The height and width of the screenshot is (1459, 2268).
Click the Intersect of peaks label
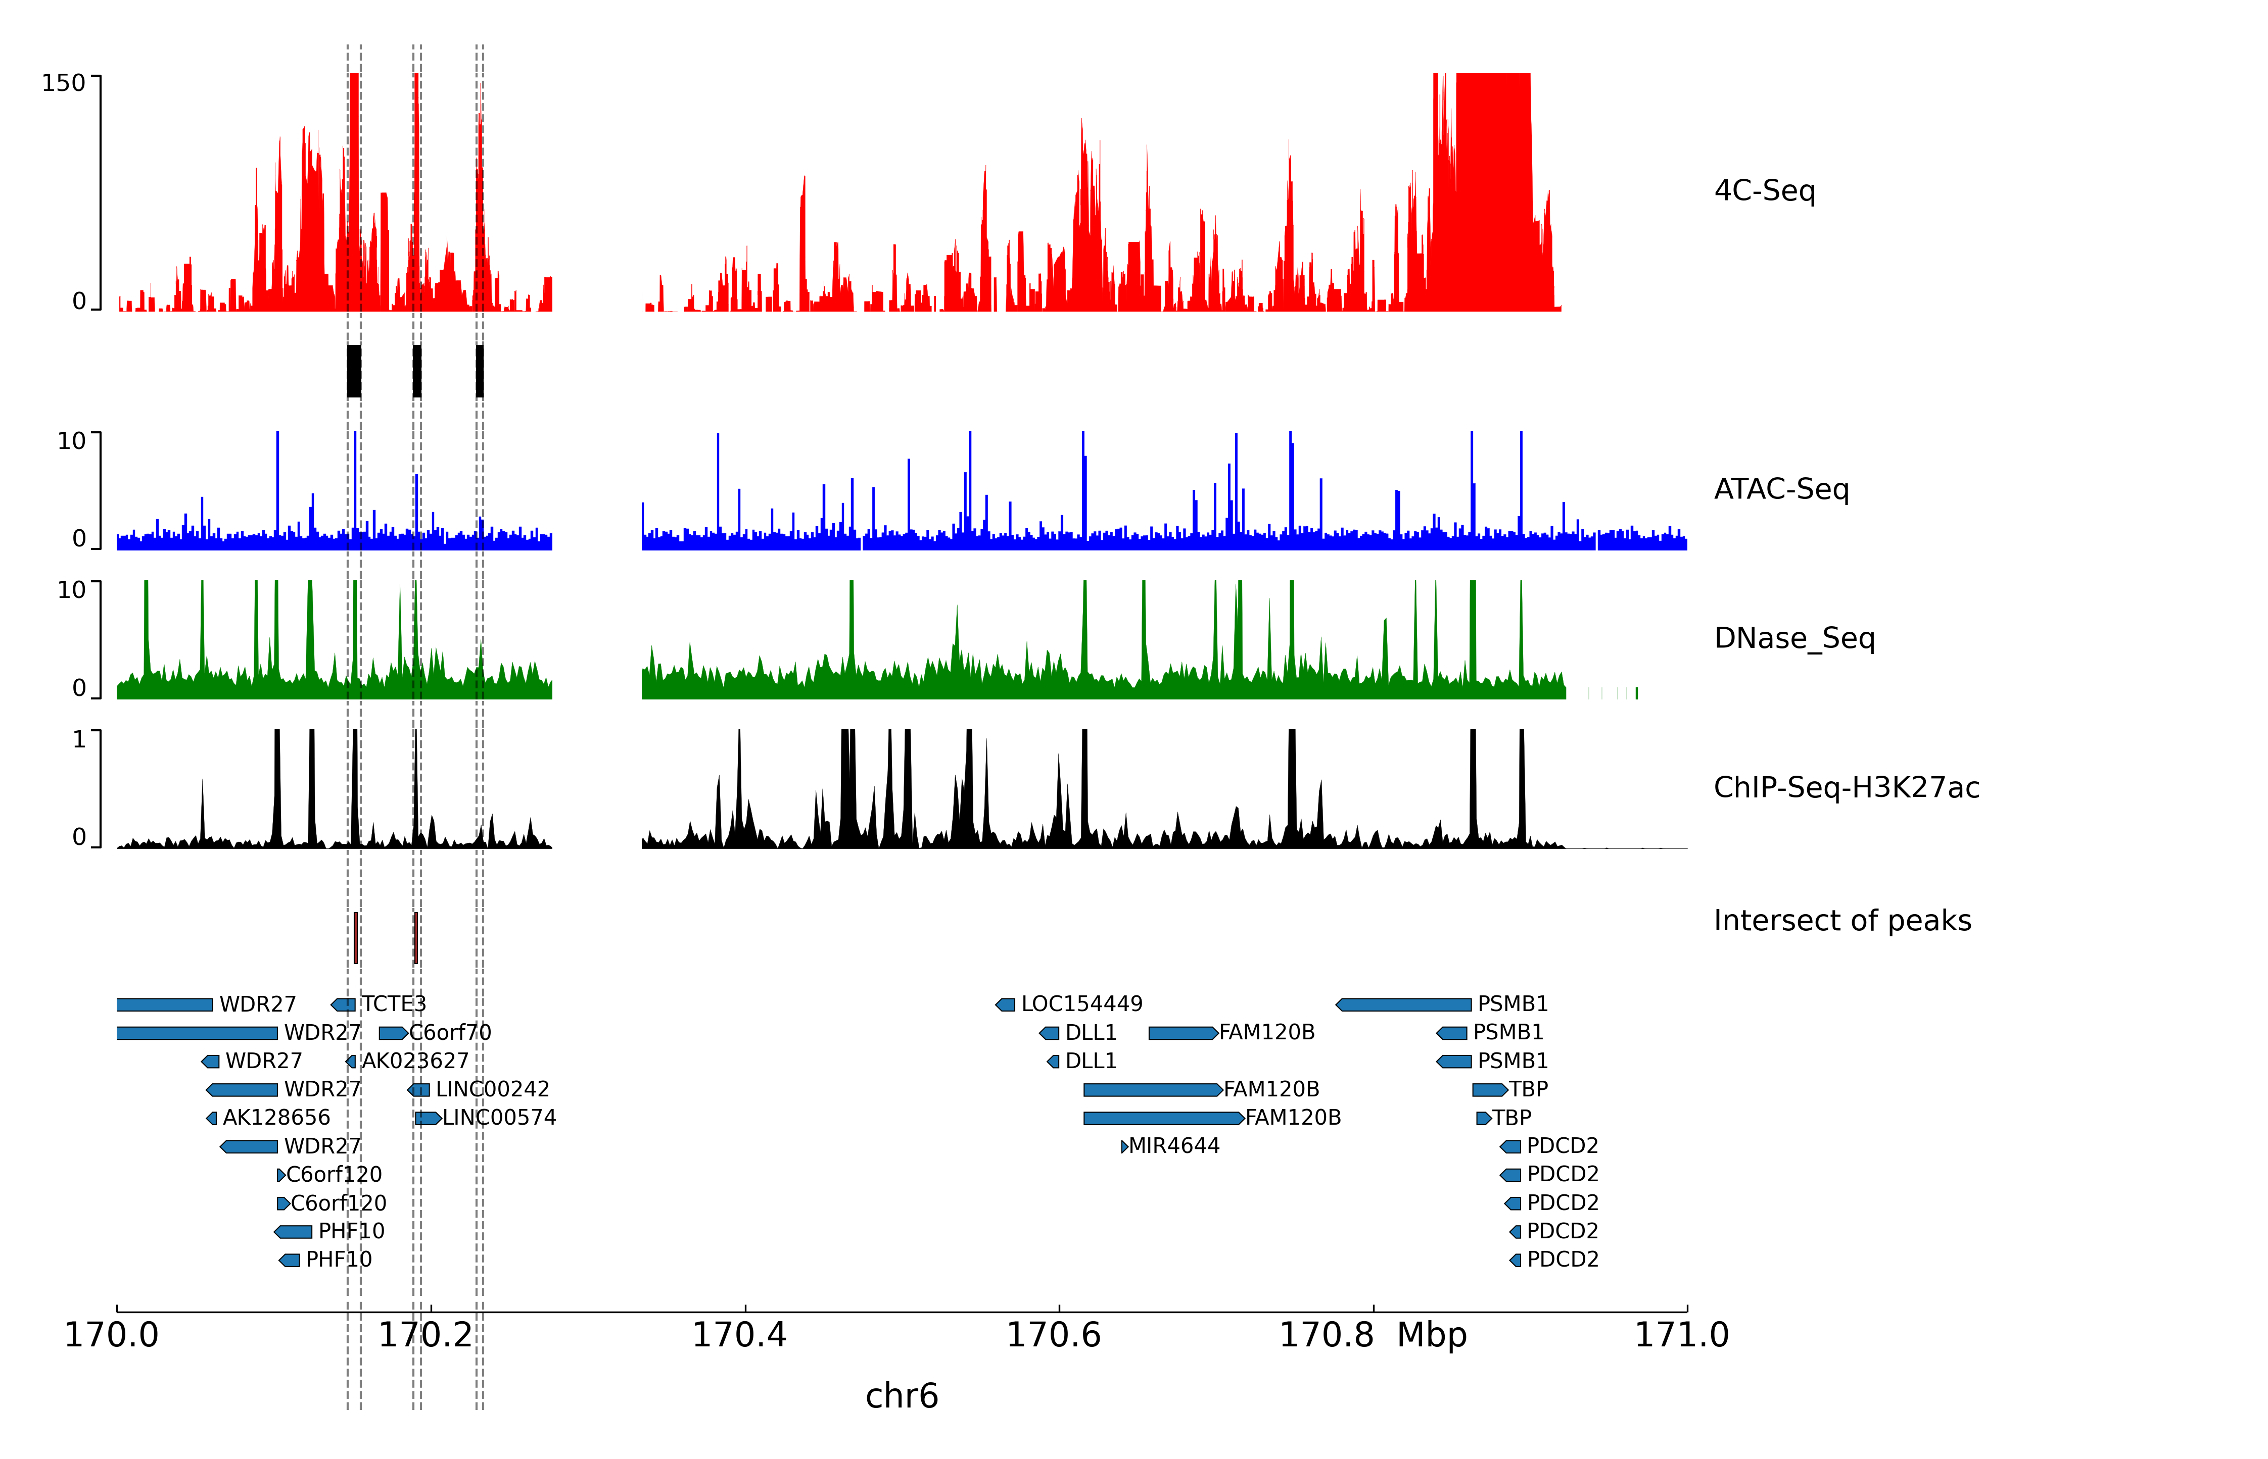[x=1841, y=920]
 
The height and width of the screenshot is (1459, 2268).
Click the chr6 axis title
[x=902, y=1395]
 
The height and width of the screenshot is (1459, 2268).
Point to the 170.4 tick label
[x=739, y=1335]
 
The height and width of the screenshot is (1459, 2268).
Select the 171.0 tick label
[x=1681, y=1335]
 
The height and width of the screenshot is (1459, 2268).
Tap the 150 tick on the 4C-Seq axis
[x=64, y=83]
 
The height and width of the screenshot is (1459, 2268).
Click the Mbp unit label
[x=1431, y=1335]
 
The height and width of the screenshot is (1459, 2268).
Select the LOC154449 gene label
[x=1081, y=1004]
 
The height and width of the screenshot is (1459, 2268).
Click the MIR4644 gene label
[x=1173, y=1146]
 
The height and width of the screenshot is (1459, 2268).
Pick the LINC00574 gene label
[x=498, y=1118]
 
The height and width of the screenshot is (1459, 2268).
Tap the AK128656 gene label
[x=276, y=1118]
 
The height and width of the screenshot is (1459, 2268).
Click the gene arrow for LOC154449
[x=1006, y=1005]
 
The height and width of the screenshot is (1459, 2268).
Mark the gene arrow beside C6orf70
[x=392, y=1033]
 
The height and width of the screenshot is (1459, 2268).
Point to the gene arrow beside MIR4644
[x=1124, y=1146]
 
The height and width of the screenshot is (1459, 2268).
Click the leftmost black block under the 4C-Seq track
[x=354, y=371]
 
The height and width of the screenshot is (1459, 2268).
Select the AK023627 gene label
[x=415, y=1061]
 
